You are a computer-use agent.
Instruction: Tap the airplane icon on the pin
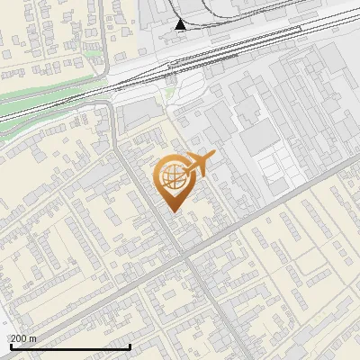click(x=199, y=165)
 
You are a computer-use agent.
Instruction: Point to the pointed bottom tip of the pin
click(x=171, y=211)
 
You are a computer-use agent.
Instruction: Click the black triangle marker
click(x=181, y=24)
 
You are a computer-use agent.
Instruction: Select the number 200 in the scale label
click(x=20, y=338)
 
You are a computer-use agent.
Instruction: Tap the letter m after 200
click(x=34, y=338)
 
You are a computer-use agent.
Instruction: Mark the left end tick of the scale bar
click(x=11, y=345)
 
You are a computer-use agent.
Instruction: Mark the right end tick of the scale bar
click(x=130, y=345)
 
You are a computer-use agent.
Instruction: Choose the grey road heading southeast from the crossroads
click(x=216, y=306)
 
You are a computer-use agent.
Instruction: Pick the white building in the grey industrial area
click(x=274, y=167)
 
